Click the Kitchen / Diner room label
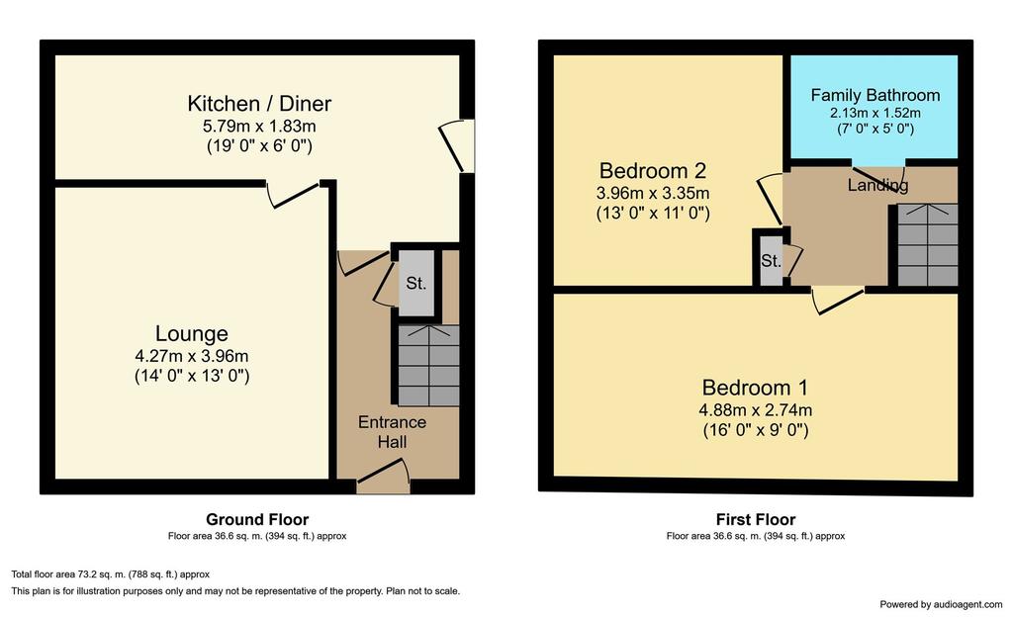tap(259, 103)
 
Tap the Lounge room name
tap(191, 333)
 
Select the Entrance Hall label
tap(392, 432)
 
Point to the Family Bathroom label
tap(875, 95)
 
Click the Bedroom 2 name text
tap(653, 170)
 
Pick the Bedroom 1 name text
tap(755, 388)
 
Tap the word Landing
tap(878, 185)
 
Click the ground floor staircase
tap(428, 366)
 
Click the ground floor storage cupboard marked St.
tap(416, 283)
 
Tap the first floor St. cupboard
tap(771, 260)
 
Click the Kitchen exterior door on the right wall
tap(457, 146)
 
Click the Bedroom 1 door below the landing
tap(837, 301)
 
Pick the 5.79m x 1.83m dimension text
tap(259, 126)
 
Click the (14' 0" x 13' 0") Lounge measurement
tap(192, 376)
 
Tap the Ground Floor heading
tap(257, 519)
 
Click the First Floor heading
tap(755, 519)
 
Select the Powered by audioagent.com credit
tap(941, 604)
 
